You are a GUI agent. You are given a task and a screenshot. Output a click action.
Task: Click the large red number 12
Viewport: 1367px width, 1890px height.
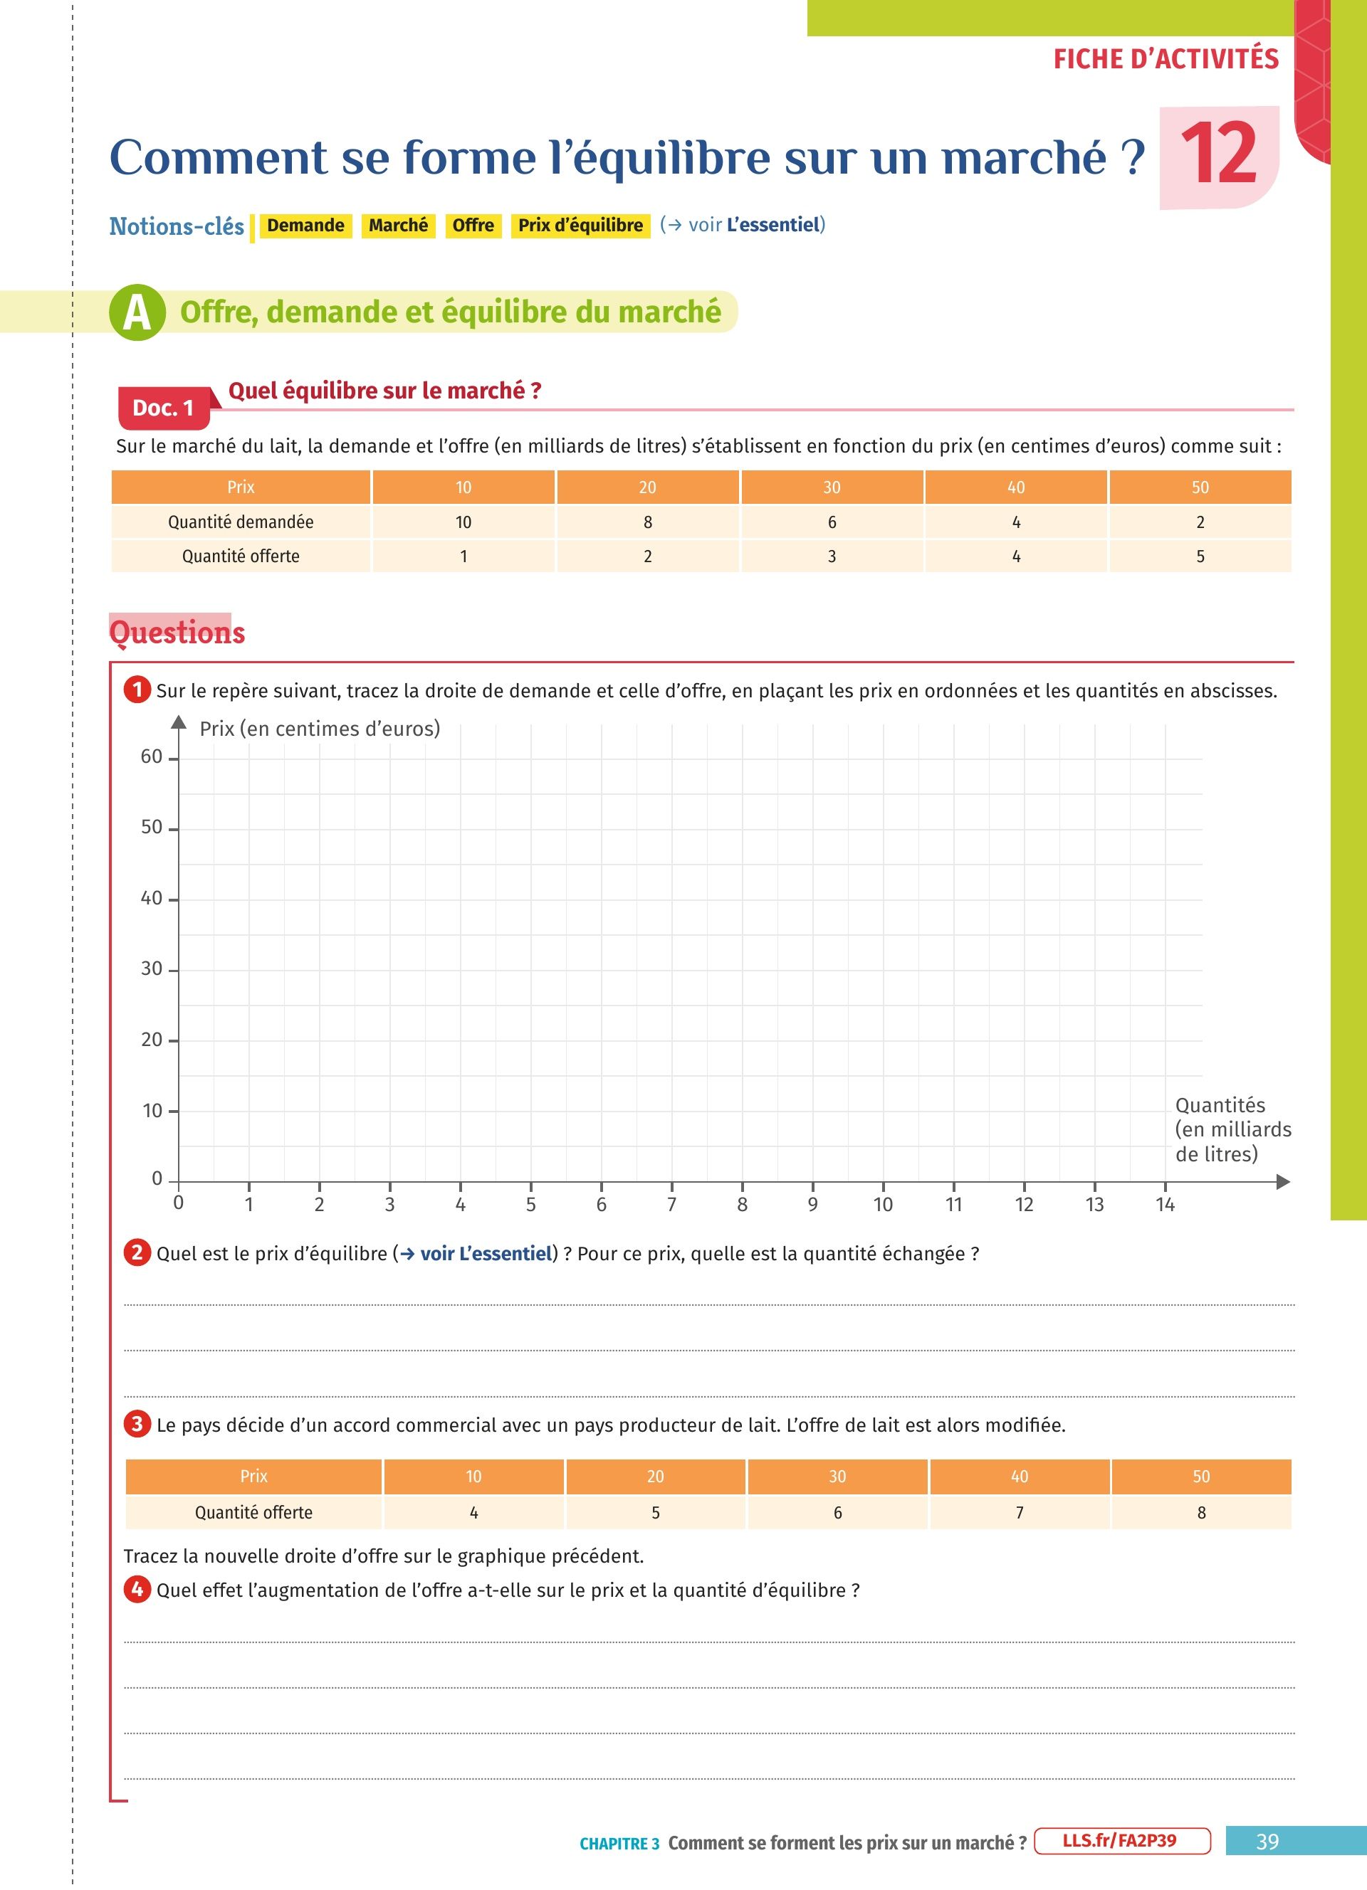coord(1219,154)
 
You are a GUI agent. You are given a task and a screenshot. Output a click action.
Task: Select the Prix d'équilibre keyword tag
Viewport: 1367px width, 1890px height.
coord(580,226)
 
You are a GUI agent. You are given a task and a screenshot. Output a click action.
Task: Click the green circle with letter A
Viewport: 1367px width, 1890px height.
coord(137,312)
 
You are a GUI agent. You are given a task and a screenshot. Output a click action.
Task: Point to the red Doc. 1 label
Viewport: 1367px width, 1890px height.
coord(163,408)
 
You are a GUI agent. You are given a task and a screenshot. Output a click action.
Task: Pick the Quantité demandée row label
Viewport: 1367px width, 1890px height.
coord(241,522)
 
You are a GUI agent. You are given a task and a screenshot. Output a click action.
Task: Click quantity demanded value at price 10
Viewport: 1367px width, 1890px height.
coord(463,522)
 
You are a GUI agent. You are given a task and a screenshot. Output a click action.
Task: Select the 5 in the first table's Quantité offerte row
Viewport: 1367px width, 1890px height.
coord(1200,556)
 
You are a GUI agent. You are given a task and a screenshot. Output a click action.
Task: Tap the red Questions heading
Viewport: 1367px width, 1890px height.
coord(177,633)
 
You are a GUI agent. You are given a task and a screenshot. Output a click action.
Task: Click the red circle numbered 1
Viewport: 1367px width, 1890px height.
coord(137,690)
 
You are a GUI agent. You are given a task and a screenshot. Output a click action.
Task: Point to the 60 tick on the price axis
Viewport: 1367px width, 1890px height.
coord(152,756)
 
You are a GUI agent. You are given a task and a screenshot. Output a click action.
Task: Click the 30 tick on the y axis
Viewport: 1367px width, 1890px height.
coord(152,968)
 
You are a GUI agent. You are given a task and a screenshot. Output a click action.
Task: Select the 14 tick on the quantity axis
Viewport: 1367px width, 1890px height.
coord(1165,1204)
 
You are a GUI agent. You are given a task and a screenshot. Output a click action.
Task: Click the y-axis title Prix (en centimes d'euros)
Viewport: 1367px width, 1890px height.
coord(319,729)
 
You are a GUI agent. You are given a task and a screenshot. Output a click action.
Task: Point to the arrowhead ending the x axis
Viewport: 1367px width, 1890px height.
coord(1283,1182)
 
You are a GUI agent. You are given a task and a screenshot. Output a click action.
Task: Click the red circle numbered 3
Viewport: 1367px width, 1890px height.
coord(137,1424)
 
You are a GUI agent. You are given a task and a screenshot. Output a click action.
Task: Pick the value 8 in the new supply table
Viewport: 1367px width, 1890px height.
coord(1201,1513)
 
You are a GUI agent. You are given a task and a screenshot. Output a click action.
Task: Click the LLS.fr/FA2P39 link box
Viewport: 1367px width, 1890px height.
coord(1122,1841)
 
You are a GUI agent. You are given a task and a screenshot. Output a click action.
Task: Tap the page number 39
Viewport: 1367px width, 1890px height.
coord(1267,1842)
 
